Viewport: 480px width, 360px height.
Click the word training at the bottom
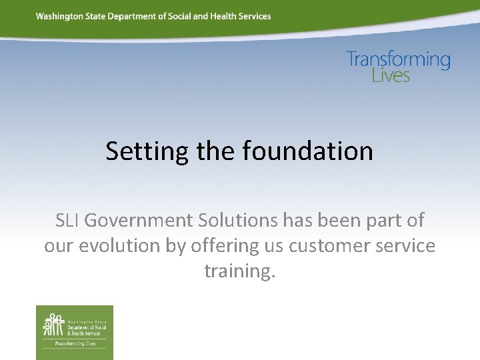239,271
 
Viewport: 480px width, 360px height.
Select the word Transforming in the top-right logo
398,59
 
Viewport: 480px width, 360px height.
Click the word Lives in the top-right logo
391,75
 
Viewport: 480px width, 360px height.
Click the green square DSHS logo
75,332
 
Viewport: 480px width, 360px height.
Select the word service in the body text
404,246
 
